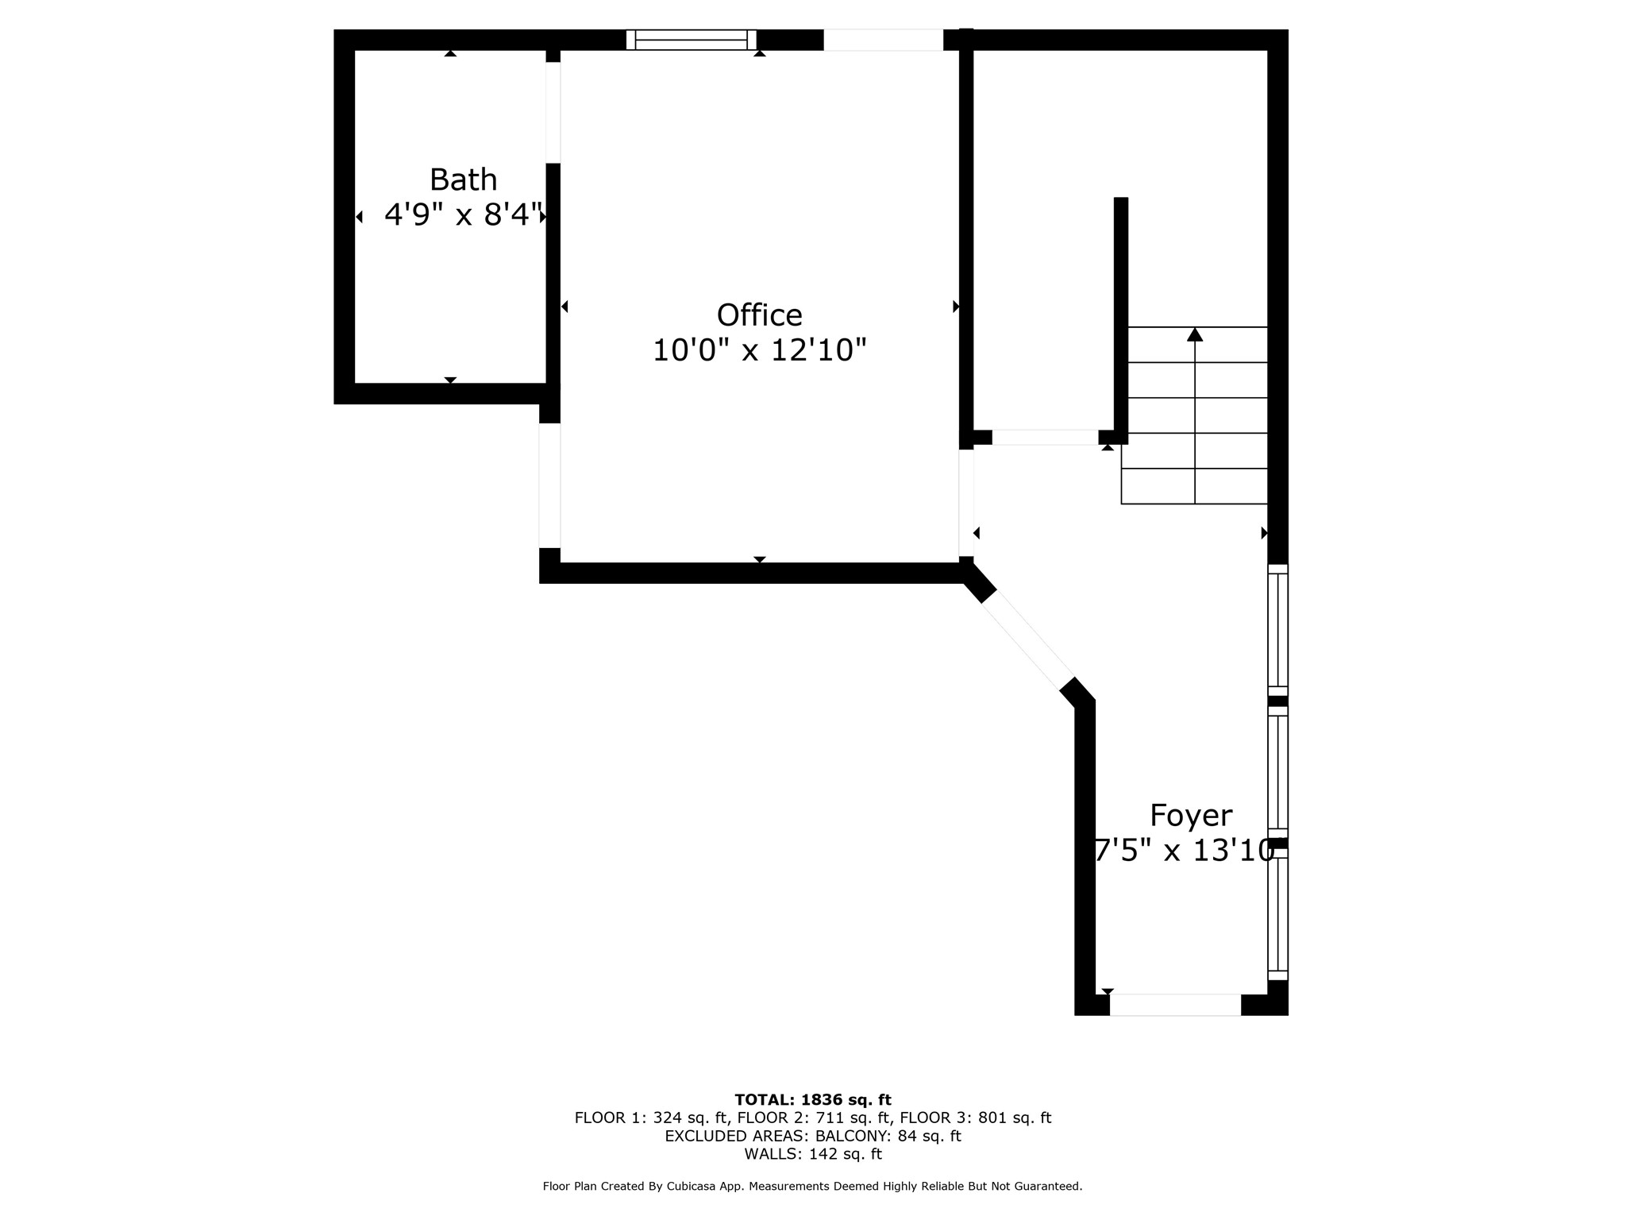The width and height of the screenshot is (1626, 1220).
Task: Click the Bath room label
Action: tap(463, 180)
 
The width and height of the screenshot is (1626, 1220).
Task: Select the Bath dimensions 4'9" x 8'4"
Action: tap(464, 214)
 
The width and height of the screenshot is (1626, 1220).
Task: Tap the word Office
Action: tap(759, 315)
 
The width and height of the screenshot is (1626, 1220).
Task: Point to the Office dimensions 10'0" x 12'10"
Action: tap(759, 350)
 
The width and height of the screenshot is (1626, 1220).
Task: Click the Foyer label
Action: tap(1191, 816)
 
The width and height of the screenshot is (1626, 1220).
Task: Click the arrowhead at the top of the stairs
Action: tap(1195, 334)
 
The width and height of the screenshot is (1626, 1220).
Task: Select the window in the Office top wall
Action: tap(691, 40)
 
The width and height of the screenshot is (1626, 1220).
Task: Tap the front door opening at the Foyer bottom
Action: tap(1175, 1005)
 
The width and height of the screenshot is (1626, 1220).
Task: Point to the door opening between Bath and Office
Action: tap(553, 113)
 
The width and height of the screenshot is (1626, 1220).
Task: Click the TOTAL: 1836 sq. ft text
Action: tap(813, 1100)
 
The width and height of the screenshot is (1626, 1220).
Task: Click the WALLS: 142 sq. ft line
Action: tap(813, 1154)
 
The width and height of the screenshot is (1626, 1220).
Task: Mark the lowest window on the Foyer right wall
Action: tap(1277, 915)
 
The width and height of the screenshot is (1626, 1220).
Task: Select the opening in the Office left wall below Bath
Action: tap(549, 485)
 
